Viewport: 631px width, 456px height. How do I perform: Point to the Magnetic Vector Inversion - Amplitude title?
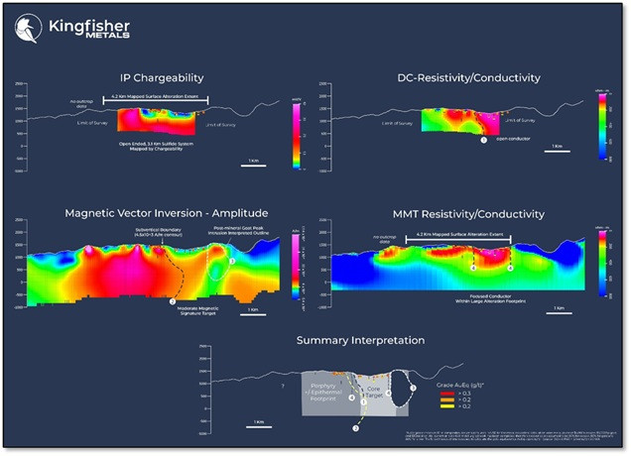160,213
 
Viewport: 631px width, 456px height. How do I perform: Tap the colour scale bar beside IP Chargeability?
296,126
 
